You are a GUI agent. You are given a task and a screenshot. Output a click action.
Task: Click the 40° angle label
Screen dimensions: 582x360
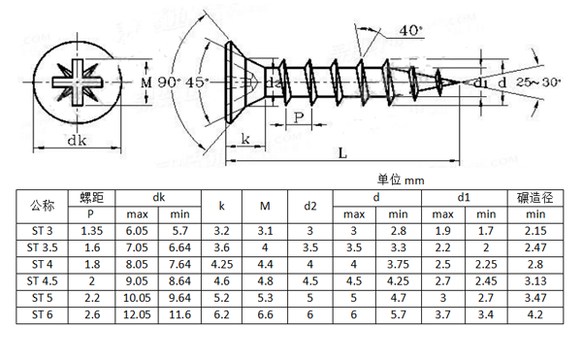pyautogui.click(x=411, y=30)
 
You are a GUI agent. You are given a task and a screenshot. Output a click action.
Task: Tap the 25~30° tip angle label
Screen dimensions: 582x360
pyautogui.click(x=538, y=82)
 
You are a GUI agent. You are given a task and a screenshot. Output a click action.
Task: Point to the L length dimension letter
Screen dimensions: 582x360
pyautogui.click(x=342, y=152)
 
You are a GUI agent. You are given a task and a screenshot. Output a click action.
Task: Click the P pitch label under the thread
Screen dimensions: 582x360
pyautogui.click(x=299, y=117)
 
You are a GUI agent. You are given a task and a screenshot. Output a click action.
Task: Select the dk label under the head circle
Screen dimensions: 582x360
pyautogui.click(x=77, y=141)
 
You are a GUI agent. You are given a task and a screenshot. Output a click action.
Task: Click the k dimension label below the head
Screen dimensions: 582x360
pyautogui.click(x=245, y=139)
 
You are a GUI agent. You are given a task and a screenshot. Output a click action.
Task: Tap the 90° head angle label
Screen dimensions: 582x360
pyautogui.click(x=169, y=82)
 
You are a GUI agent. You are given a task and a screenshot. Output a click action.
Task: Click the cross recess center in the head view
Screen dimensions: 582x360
pyautogui.click(x=78, y=82)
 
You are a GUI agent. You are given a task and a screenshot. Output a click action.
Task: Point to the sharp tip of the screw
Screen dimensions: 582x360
pyautogui.click(x=460, y=82)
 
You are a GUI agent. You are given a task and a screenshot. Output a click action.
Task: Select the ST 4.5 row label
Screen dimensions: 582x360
pyautogui.click(x=42, y=281)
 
